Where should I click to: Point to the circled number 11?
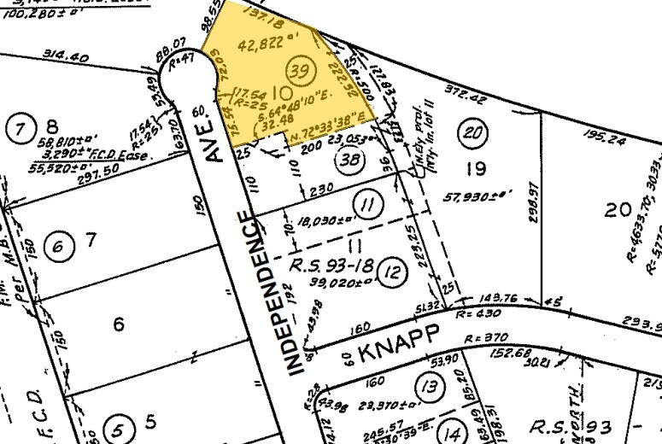pyautogui.click(x=367, y=204)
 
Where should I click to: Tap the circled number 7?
pyautogui.click(x=18, y=131)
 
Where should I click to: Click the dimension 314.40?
pyautogui.click(x=65, y=57)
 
